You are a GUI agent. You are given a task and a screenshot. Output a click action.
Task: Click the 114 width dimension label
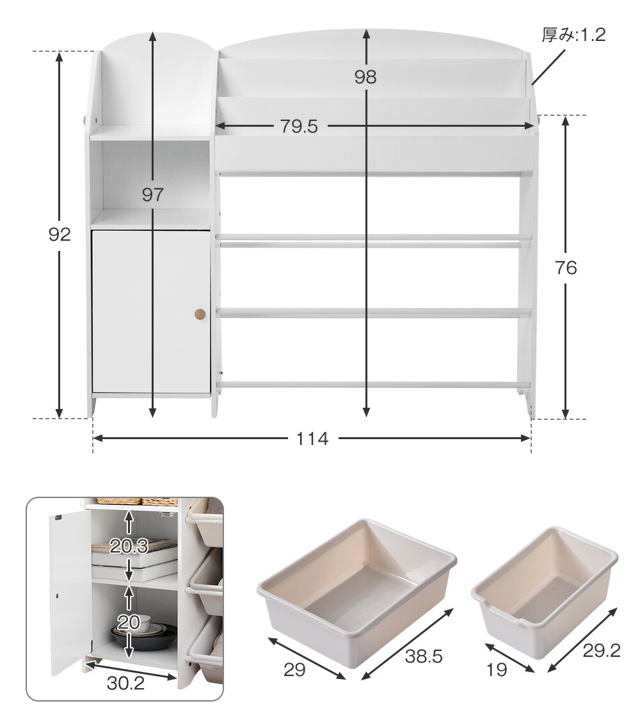[312, 438]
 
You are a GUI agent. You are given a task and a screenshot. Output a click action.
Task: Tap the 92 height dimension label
[60, 234]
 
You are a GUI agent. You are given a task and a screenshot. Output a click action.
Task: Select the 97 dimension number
[152, 195]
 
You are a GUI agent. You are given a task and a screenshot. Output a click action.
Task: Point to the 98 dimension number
[365, 77]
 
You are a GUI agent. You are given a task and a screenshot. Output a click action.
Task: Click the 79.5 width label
[299, 126]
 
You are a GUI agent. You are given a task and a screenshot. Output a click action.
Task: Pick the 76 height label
[566, 268]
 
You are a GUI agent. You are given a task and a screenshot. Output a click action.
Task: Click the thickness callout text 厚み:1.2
[573, 35]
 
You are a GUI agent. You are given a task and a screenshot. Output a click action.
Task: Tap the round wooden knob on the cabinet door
[200, 314]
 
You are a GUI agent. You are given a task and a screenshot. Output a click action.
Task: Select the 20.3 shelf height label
[129, 546]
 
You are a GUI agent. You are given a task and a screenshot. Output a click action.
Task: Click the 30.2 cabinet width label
[125, 682]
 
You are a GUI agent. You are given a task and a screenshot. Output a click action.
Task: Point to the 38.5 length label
[424, 656]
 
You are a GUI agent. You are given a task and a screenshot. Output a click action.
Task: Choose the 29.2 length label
[601, 651]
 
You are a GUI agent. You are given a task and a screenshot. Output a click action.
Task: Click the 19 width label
[497, 670]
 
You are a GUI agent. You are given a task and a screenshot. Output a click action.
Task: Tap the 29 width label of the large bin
[294, 670]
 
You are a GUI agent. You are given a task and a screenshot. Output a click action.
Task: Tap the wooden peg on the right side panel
[538, 121]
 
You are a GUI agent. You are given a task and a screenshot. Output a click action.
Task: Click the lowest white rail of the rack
[373, 385]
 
